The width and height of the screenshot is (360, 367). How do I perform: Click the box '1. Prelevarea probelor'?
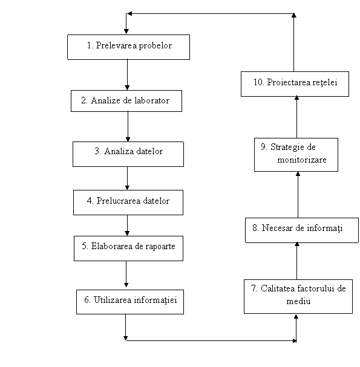click(x=129, y=47)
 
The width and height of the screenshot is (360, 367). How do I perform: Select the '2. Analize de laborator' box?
click(x=126, y=101)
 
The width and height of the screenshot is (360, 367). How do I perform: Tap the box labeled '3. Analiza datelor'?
click(x=128, y=154)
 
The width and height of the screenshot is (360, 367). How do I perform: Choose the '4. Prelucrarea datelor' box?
click(x=128, y=203)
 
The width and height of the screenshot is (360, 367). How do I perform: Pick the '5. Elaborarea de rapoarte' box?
click(x=128, y=248)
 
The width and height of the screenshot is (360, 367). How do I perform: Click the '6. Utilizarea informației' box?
click(x=130, y=302)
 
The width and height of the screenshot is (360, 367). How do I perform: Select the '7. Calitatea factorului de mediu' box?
click(x=298, y=296)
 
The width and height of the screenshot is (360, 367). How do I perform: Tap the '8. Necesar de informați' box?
click(x=302, y=230)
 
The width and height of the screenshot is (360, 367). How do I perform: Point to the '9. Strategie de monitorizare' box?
click(x=296, y=155)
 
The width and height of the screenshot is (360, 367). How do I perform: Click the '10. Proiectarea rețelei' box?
click(x=295, y=84)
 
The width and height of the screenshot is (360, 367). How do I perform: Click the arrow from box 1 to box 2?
click(x=127, y=74)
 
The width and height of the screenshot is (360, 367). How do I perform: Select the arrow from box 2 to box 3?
click(x=128, y=126)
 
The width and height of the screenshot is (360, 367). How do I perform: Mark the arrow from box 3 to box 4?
click(x=127, y=178)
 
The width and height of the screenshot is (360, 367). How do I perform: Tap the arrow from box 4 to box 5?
click(x=127, y=226)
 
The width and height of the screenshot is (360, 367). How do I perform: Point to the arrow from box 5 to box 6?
click(x=126, y=274)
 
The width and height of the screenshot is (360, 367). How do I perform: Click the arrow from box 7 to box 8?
click(x=296, y=261)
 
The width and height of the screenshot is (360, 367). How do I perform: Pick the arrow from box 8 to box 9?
click(x=298, y=195)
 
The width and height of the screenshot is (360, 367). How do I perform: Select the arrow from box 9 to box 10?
click(x=296, y=117)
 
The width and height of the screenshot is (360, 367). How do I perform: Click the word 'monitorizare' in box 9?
click(x=302, y=160)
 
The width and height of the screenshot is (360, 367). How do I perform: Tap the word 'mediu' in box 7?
click(x=298, y=301)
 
